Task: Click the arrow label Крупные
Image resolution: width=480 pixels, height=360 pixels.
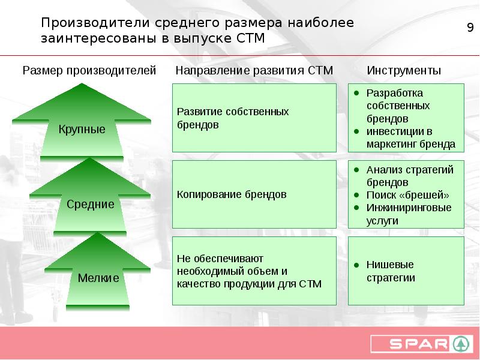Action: click(x=82, y=129)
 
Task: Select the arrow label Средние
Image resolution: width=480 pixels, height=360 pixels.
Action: click(x=90, y=204)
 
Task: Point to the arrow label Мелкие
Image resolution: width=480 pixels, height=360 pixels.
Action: click(x=98, y=278)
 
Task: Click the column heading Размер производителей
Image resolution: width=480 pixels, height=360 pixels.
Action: click(x=89, y=70)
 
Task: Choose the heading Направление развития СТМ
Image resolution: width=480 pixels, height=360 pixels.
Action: click(x=254, y=70)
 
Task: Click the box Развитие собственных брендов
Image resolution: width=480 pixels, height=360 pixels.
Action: click(x=254, y=118)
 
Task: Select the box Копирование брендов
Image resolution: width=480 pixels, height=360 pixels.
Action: click(x=254, y=195)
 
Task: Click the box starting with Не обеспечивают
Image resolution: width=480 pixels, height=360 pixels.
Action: click(x=254, y=271)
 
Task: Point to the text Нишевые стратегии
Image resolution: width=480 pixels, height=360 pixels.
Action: click(x=391, y=271)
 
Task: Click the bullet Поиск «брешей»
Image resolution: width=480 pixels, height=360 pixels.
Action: click(x=407, y=195)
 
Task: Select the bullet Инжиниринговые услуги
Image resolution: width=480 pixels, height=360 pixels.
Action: click(x=409, y=214)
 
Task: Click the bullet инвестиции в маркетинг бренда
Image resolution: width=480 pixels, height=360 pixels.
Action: click(x=410, y=138)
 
